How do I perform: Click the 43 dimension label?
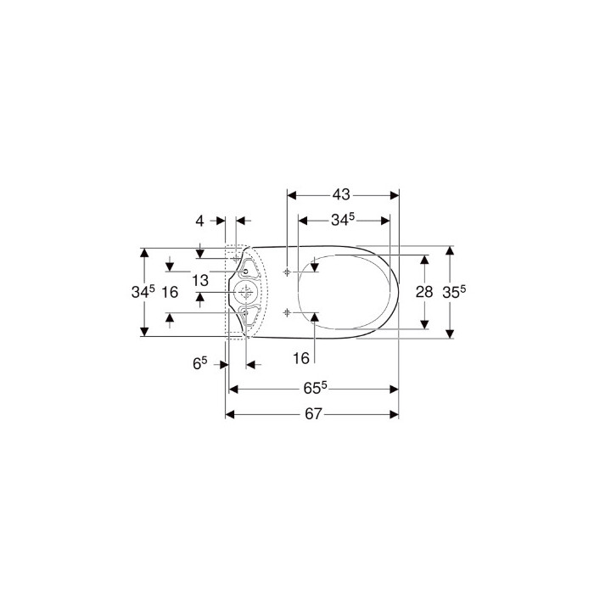(x=341, y=194)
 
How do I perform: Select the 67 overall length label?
(x=313, y=414)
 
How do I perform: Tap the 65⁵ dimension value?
(x=315, y=388)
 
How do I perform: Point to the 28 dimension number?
(x=424, y=291)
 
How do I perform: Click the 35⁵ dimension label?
(x=454, y=291)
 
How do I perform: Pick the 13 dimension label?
(x=200, y=280)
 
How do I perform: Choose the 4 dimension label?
(x=199, y=221)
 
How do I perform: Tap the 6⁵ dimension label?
(x=200, y=363)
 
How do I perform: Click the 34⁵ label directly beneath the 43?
(x=343, y=220)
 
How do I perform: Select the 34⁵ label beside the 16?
(x=143, y=291)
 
